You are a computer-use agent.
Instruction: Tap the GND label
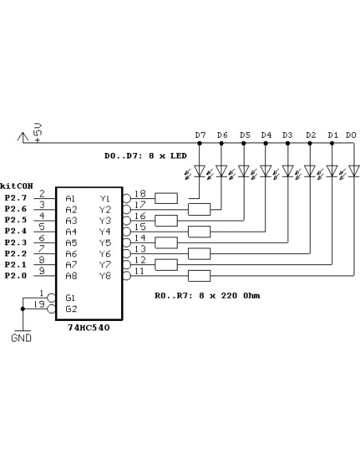[x=22, y=338]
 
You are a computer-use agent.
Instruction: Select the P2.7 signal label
[x=15, y=197]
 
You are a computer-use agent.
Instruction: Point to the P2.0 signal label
[x=15, y=275]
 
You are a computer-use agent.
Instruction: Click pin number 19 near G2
[x=41, y=303]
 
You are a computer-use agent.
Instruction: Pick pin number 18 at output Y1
[x=140, y=193]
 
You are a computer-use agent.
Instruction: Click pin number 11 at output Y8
[x=140, y=272]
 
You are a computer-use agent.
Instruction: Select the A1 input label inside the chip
[x=71, y=198]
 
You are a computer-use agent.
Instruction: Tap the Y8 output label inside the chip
[x=105, y=276]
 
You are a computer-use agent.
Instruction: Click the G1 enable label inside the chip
[x=71, y=297]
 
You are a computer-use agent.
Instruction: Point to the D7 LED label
[x=200, y=135]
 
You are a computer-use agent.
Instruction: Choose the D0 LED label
[x=351, y=135]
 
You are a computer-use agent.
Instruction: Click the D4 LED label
[x=266, y=135]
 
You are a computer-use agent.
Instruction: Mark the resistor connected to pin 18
[x=166, y=198]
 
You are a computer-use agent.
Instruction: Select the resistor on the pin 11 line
[x=198, y=276]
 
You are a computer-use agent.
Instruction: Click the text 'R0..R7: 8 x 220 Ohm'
[x=207, y=295]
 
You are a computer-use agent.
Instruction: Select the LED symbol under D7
[x=199, y=170]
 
